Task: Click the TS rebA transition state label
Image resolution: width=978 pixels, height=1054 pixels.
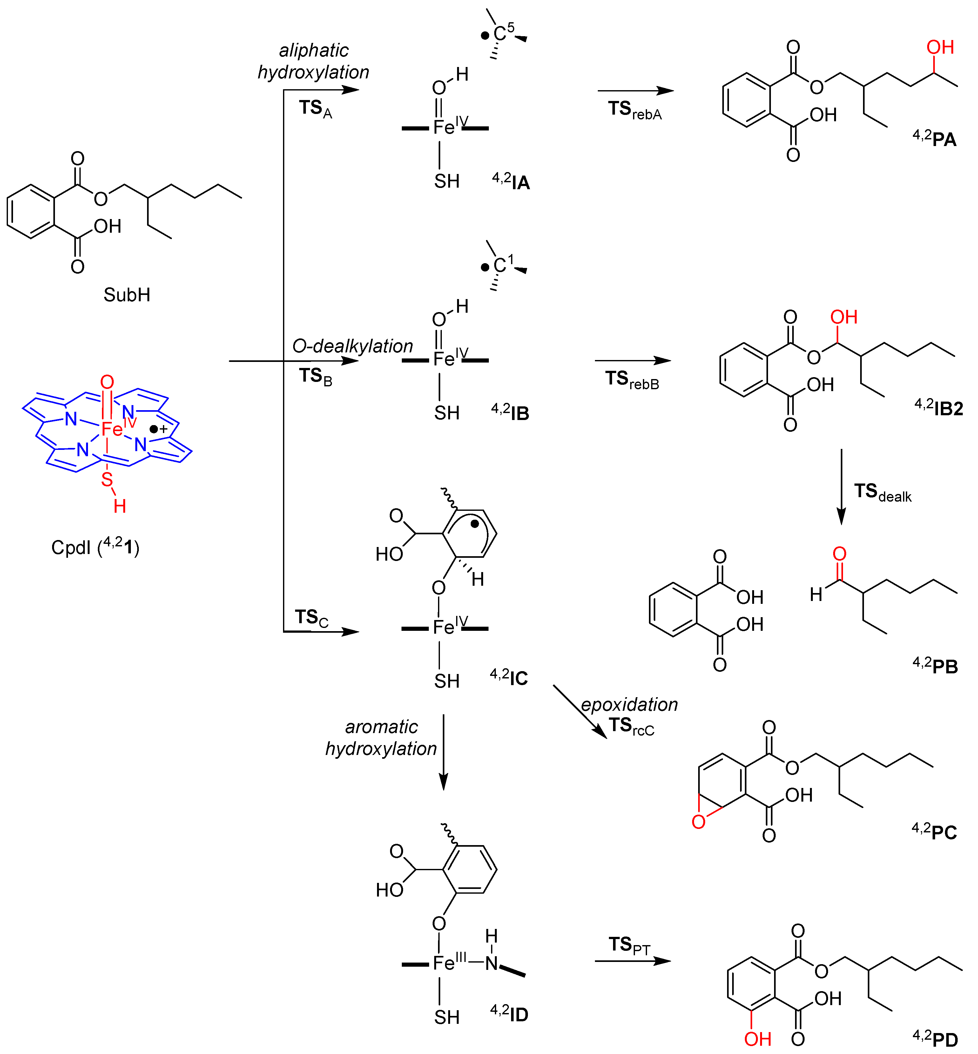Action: point(634,110)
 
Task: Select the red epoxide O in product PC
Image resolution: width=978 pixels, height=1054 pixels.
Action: point(698,821)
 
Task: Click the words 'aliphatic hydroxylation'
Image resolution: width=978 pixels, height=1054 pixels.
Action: point(313,61)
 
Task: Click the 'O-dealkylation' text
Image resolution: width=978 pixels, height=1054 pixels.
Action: point(353,346)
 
